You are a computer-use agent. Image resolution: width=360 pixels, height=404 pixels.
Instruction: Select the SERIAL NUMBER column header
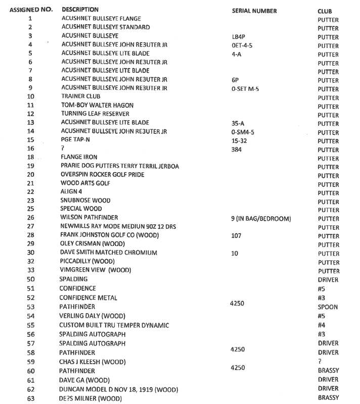tap(254, 11)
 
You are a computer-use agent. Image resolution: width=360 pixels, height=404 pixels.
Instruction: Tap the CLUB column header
tap(325, 11)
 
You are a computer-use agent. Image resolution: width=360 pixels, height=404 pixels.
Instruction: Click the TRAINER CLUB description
tap(81, 96)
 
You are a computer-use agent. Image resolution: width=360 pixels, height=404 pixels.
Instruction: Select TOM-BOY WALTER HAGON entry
tap(97, 105)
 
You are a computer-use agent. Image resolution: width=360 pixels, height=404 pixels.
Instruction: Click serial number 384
tap(236, 150)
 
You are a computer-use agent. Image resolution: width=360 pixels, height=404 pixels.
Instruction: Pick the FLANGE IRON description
tap(79, 158)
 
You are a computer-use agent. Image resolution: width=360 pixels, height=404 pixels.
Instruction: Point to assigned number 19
tap(31, 166)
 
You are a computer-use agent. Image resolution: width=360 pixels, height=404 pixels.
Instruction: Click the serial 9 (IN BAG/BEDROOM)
tap(260, 219)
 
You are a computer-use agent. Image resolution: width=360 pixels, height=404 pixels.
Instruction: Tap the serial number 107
tap(236, 235)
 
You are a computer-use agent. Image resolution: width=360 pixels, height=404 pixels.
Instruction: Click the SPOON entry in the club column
tap(328, 307)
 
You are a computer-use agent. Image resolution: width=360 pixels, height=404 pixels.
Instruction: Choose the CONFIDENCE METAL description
tap(89, 297)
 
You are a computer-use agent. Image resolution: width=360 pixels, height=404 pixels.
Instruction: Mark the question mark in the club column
tap(320, 361)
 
